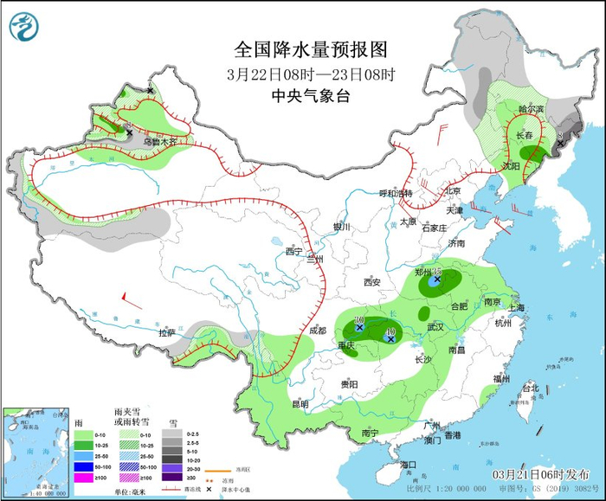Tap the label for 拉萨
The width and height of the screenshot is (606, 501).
(166, 332)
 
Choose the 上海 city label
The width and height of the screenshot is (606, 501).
(518, 307)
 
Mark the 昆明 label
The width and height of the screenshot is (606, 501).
(300, 403)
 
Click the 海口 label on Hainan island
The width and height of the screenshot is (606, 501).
(409, 465)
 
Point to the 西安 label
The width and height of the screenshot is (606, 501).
(372, 282)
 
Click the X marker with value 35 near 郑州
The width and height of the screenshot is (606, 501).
(437, 279)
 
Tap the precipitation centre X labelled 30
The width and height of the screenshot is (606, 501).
(358, 328)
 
